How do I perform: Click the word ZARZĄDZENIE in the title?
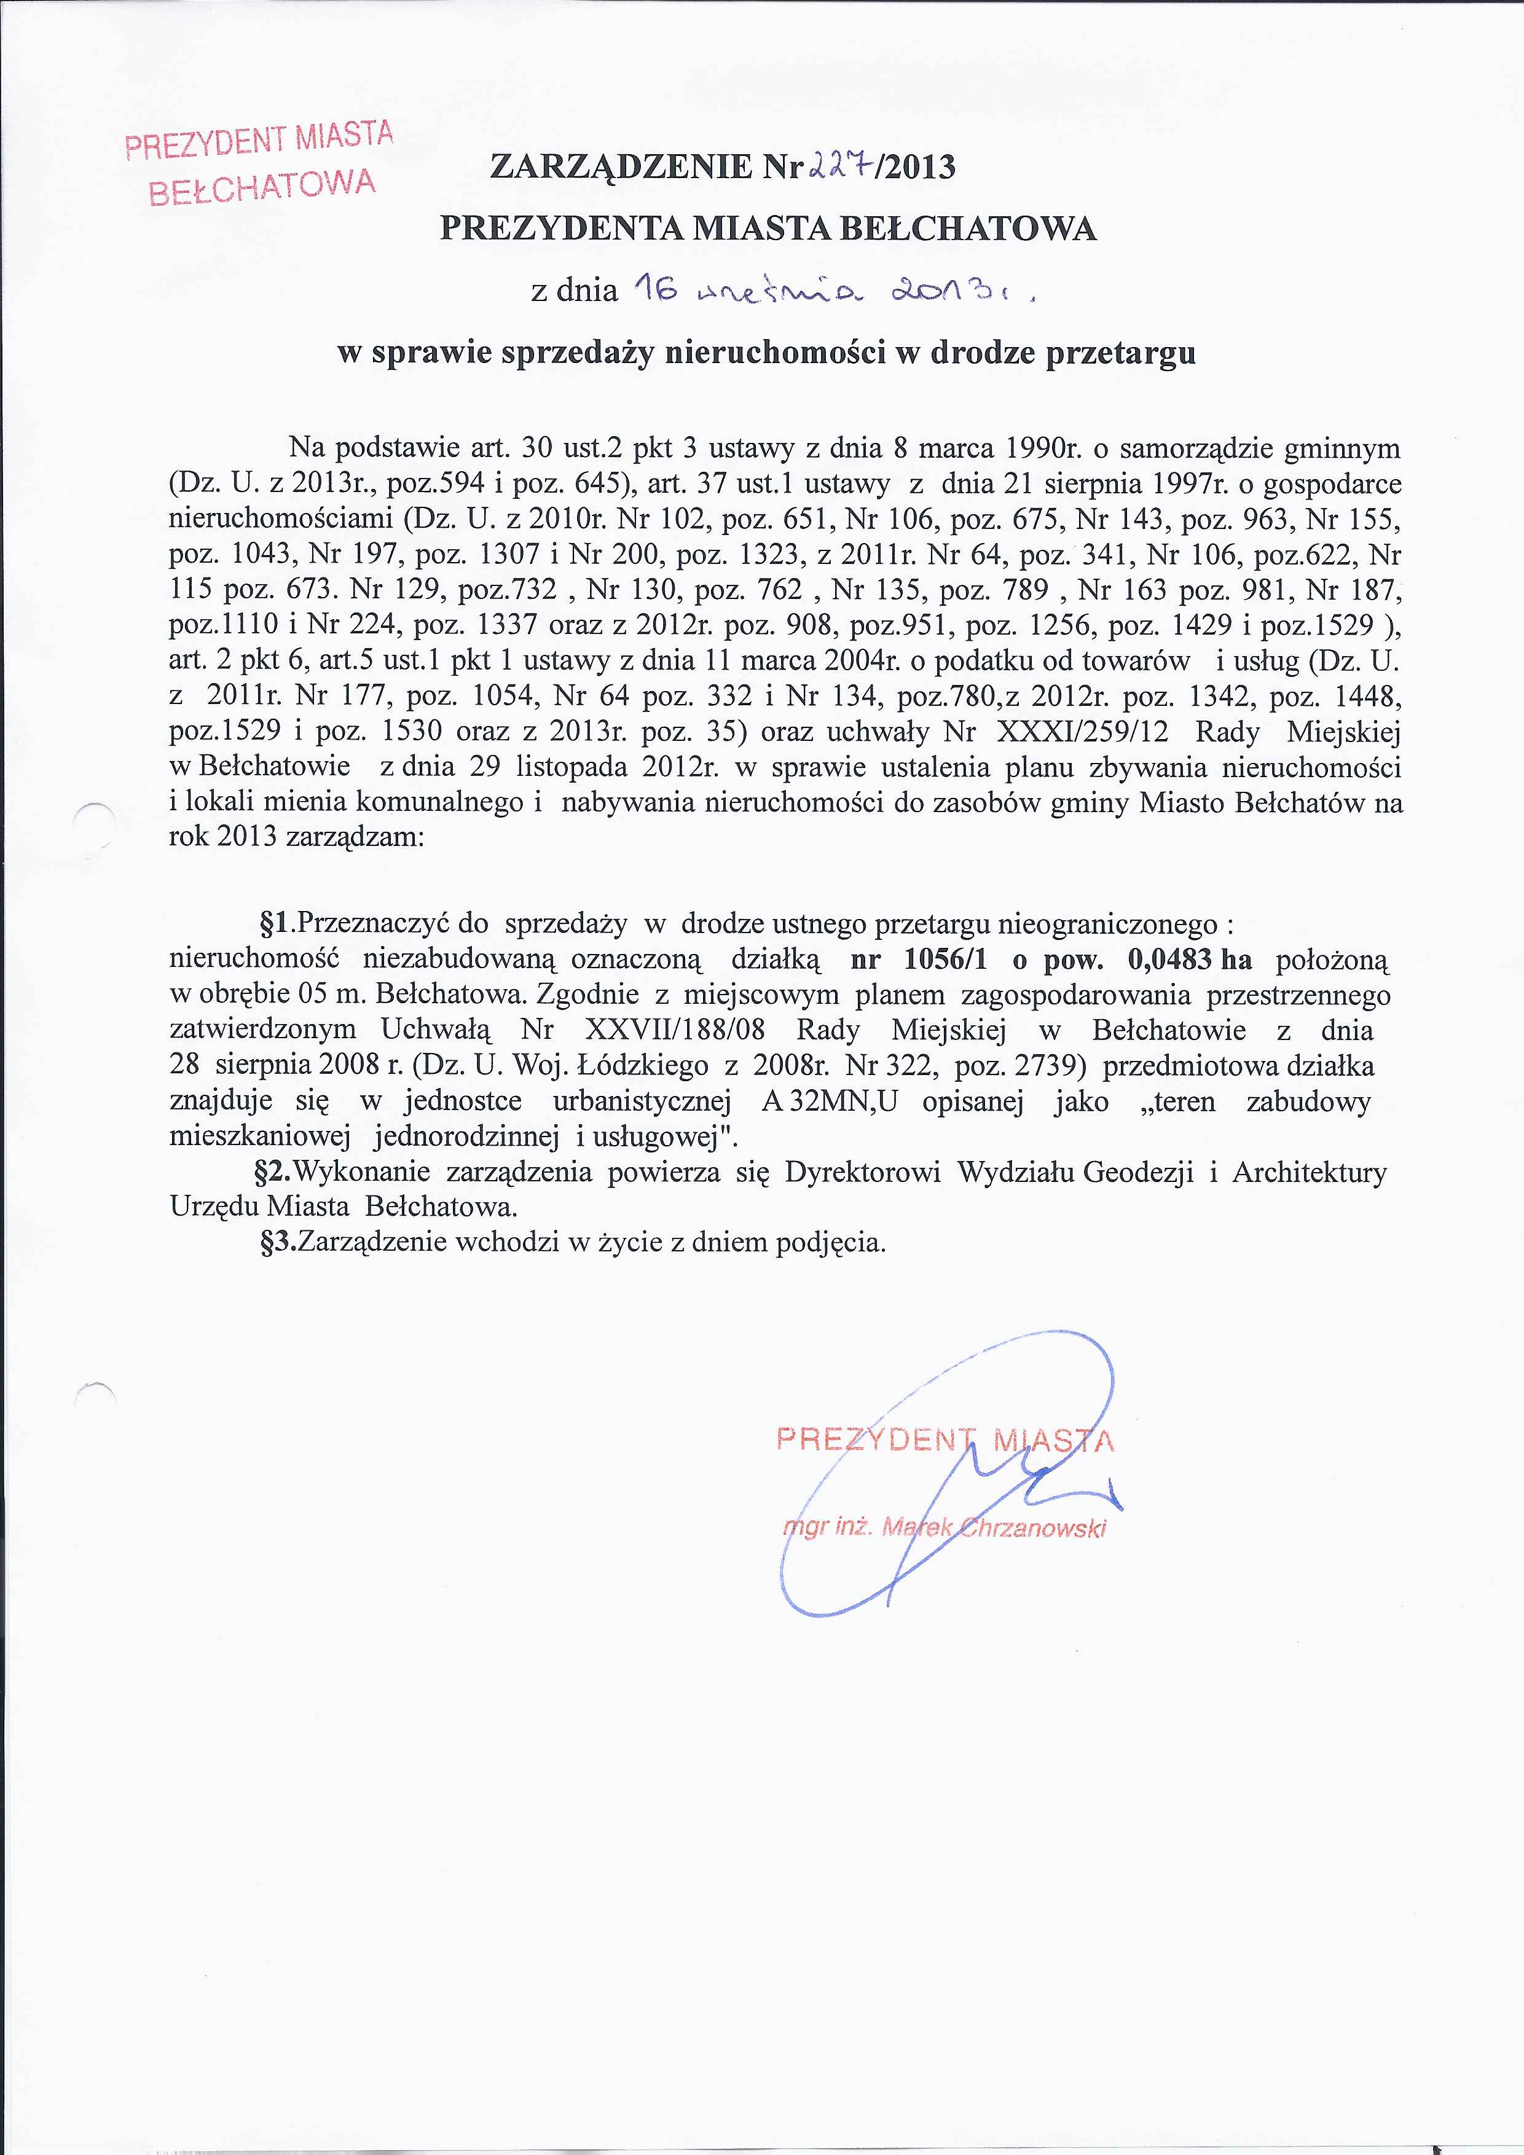pyautogui.click(x=621, y=167)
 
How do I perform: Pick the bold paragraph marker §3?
pyautogui.click(x=278, y=1243)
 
